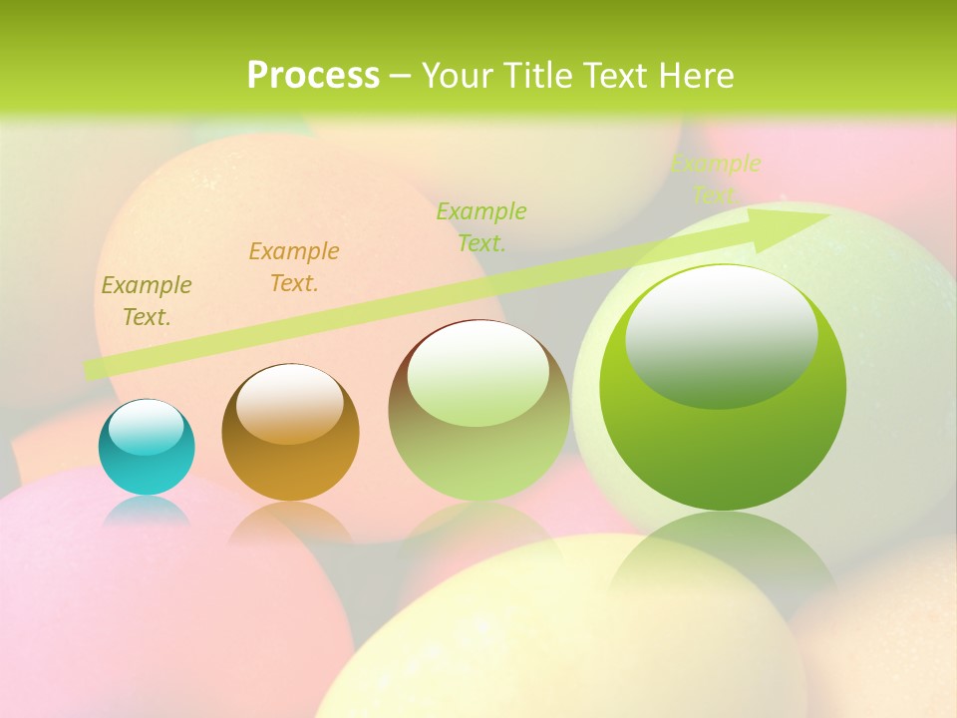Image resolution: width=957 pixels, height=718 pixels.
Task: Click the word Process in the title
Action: click(313, 76)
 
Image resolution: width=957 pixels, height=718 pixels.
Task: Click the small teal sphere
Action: click(147, 459)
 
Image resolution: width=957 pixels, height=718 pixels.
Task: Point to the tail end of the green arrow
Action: click(92, 369)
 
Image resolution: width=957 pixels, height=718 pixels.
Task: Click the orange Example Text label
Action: click(294, 267)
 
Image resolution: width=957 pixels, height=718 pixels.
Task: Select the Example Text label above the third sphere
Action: click(481, 226)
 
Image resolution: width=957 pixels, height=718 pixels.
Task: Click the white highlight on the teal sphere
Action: click(147, 427)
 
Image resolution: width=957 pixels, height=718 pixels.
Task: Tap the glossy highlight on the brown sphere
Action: click(290, 403)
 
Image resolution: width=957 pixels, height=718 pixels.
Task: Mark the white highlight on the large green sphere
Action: click(722, 334)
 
